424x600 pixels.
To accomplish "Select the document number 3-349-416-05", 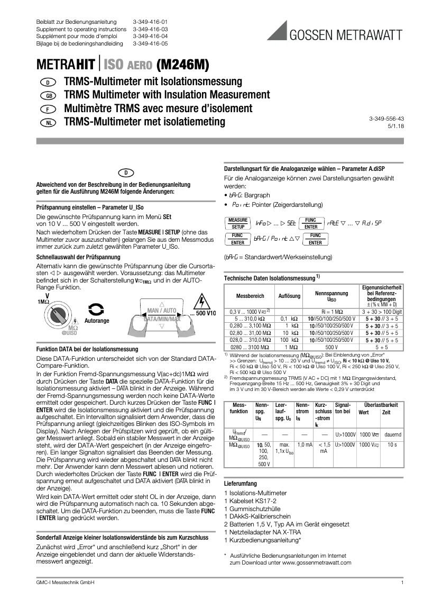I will point(150,44).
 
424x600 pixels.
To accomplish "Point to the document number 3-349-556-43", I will point(386,119).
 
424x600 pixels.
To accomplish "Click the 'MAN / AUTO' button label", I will point(161,310).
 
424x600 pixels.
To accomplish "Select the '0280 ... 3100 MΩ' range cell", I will point(249,347).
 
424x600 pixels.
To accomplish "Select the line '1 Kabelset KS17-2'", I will point(251,501).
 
